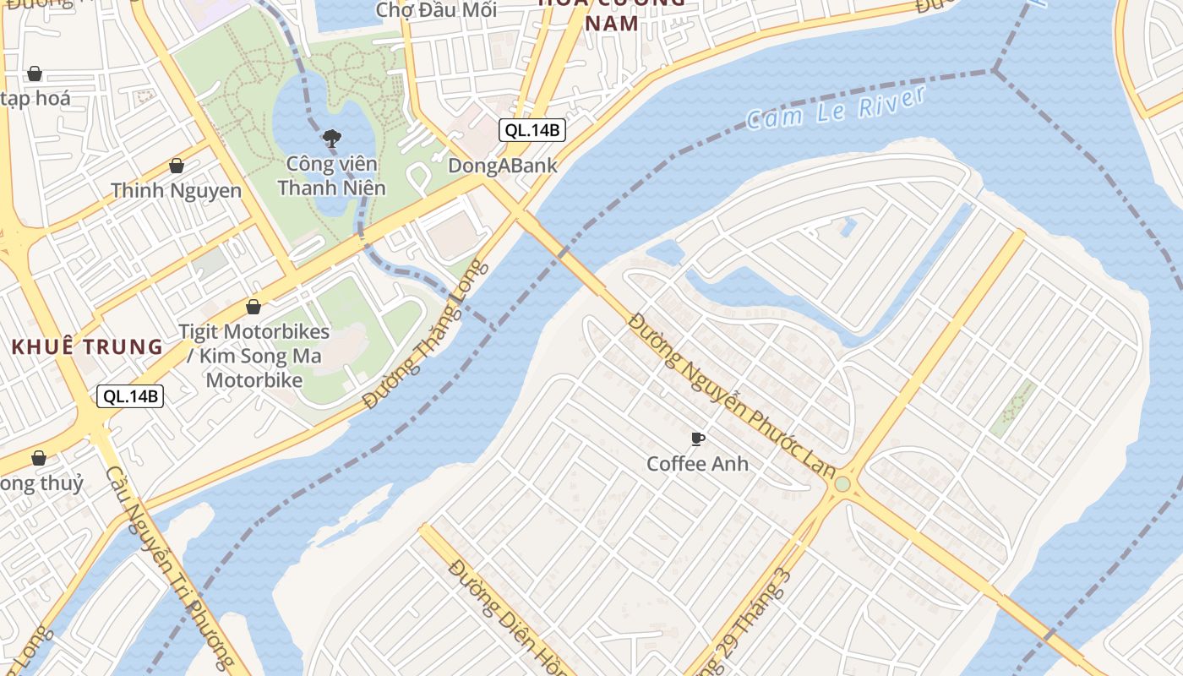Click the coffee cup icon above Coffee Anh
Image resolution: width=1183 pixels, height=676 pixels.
coord(697,439)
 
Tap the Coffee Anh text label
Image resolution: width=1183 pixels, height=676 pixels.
coord(697,464)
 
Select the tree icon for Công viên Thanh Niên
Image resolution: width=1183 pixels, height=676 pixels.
coord(331,138)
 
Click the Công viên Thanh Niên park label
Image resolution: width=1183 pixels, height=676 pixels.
coord(331,175)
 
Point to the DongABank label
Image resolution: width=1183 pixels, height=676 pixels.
coord(503,166)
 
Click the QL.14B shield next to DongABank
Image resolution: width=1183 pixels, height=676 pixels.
coord(532,130)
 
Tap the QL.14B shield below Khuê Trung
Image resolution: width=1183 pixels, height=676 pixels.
coord(129,395)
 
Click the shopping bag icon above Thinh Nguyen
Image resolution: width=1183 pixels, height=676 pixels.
coord(177,166)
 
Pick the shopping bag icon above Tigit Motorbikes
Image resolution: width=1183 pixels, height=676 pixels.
coord(253,307)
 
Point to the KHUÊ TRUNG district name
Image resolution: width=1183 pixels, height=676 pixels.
coord(87,346)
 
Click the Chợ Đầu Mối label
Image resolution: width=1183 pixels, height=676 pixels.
coord(435,10)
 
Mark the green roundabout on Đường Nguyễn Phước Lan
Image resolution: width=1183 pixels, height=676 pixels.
coord(842,484)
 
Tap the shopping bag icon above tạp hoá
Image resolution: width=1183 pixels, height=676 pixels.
coord(35,74)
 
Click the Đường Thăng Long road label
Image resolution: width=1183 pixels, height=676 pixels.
coord(427,335)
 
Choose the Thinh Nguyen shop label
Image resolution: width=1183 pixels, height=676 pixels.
coord(176,190)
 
